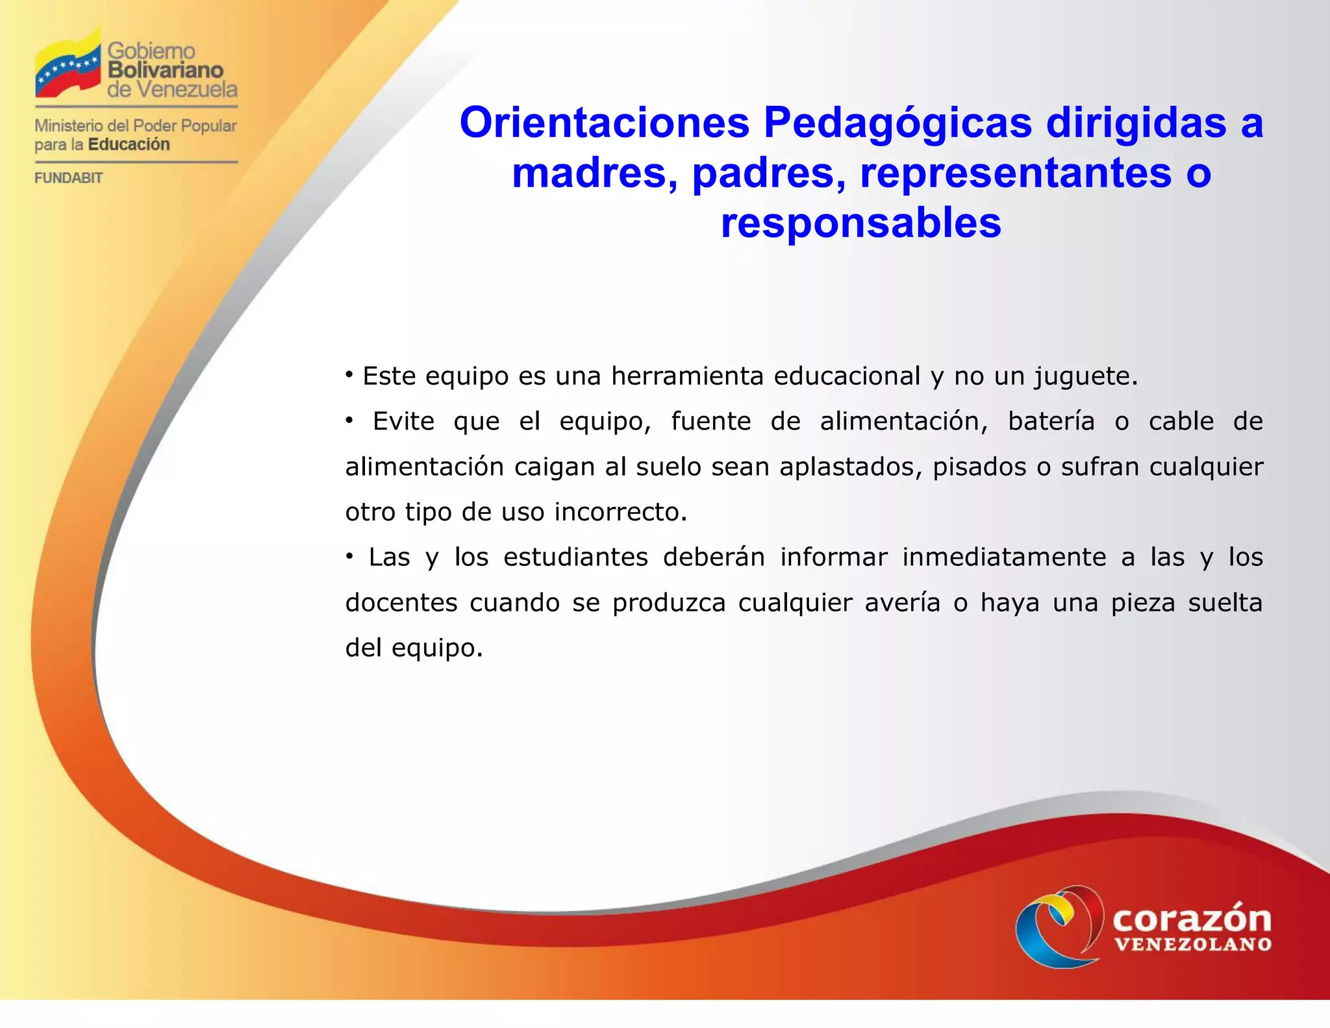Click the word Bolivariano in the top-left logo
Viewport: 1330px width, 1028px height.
(165, 70)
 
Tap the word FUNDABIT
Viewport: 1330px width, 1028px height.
(68, 178)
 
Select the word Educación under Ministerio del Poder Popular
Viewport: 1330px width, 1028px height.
(129, 144)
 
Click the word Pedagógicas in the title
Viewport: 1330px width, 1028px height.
(897, 123)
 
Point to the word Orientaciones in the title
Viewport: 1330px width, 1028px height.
(604, 123)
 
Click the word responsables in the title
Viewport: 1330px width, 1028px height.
(860, 223)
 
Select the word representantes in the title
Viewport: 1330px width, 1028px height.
(1016, 173)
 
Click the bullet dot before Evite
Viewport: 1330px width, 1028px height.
(349, 422)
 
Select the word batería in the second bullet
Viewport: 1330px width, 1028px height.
(1051, 422)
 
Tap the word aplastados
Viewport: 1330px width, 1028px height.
(850, 467)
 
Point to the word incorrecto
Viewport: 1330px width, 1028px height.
(620, 513)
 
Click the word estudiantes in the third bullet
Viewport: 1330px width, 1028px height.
(575, 558)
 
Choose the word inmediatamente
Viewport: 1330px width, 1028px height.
(1004, 558)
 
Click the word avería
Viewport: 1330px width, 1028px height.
(902, 603)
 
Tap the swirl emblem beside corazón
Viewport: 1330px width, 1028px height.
(1059, 926)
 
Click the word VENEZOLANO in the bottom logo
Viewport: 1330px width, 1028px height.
(1193, 945)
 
